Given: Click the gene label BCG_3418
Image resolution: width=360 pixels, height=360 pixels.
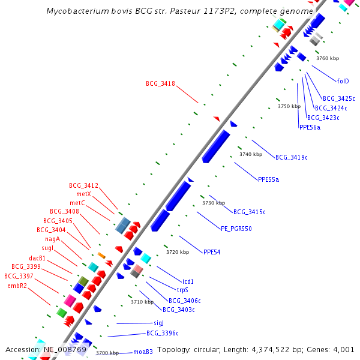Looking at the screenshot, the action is click(160, 83).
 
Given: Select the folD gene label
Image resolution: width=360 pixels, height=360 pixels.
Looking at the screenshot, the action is click(343, 81).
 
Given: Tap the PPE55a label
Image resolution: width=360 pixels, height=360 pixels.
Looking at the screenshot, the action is click(268, 179).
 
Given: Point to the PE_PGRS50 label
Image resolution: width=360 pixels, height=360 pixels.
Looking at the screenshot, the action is click(236, 229).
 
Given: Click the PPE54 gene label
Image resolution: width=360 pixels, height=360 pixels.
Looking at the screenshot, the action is click(212, 252).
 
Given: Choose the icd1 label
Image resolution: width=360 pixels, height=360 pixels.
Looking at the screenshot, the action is click(188, 281).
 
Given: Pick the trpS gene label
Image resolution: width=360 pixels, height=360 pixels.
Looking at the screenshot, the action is click(182, 290).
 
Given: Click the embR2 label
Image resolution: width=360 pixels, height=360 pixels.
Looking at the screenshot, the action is click(17, 286).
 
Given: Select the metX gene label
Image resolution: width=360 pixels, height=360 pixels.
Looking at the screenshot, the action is click(83, 194).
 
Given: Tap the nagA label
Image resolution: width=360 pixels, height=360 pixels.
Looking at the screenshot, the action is click(52, 239).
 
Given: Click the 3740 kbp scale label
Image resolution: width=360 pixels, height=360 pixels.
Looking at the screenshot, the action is click(251, 154).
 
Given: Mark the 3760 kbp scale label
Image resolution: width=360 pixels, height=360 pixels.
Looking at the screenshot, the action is click(328, 58).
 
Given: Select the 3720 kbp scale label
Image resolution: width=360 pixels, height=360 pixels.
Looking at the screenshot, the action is click(178, 252).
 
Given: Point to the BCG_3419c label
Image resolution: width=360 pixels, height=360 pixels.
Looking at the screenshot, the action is click(291, 157).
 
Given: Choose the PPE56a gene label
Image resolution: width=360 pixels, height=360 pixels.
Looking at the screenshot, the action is click(310, 127).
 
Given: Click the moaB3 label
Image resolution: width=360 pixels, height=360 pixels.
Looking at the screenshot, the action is click(143, 352).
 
